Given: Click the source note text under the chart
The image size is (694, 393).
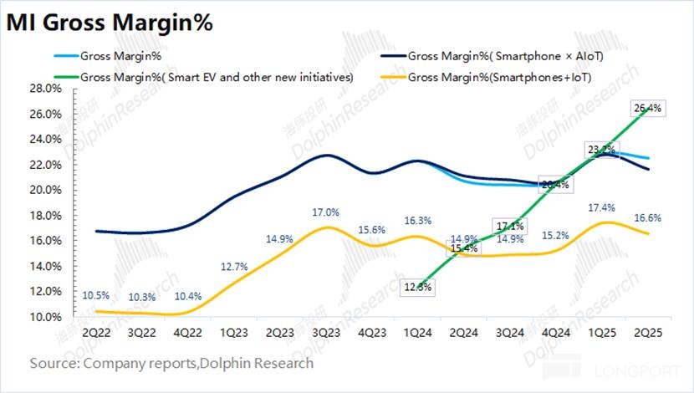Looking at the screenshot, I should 172,364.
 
